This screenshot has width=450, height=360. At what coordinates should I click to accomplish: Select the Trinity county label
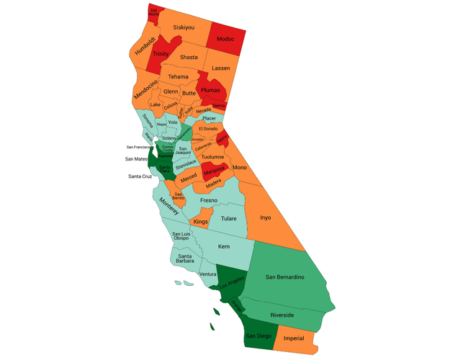tap(161, 54)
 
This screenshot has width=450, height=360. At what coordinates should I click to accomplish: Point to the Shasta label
tap(189, 57)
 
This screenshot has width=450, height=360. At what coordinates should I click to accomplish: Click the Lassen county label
tap(221, 68)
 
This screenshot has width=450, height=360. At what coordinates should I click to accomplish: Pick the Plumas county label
tap(210, 91)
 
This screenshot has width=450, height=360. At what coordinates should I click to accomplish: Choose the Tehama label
tap(178, 77)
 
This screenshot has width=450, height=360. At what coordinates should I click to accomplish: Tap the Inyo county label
tap(265, 217)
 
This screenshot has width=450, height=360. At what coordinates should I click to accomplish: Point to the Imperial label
tap(294, 338)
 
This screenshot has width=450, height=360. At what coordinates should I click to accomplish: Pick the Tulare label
tap(228, 218)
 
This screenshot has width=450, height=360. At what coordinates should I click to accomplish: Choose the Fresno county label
tap(209, 200)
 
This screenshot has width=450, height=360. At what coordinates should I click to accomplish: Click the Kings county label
tap(201, 222)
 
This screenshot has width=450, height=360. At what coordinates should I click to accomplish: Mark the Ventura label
tap(207, 274)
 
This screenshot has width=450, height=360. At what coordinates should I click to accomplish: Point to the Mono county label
tap(260, 167)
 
